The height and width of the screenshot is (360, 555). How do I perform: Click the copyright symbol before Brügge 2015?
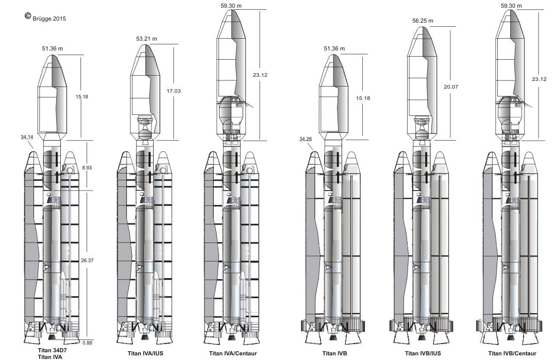click(x=28, y=15)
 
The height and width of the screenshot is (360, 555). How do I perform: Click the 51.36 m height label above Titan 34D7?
click(x=53, y=48)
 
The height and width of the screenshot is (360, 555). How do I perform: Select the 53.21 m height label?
click(x=146, y=39)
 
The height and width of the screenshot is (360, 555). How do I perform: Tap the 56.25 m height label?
click(x=423, y=21)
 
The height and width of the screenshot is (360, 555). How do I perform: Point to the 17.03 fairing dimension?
click(x=174, y=91)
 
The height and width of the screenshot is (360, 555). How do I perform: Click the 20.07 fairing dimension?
click(x=450, y=87)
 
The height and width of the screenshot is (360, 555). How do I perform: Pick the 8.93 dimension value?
click(x=87, y=167)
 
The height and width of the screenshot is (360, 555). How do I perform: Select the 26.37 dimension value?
click(x=87, y=260)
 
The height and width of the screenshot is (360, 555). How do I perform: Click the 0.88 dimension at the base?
click(x=87, y=342)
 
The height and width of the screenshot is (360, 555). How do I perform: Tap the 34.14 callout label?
click(x=27, y=137)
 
